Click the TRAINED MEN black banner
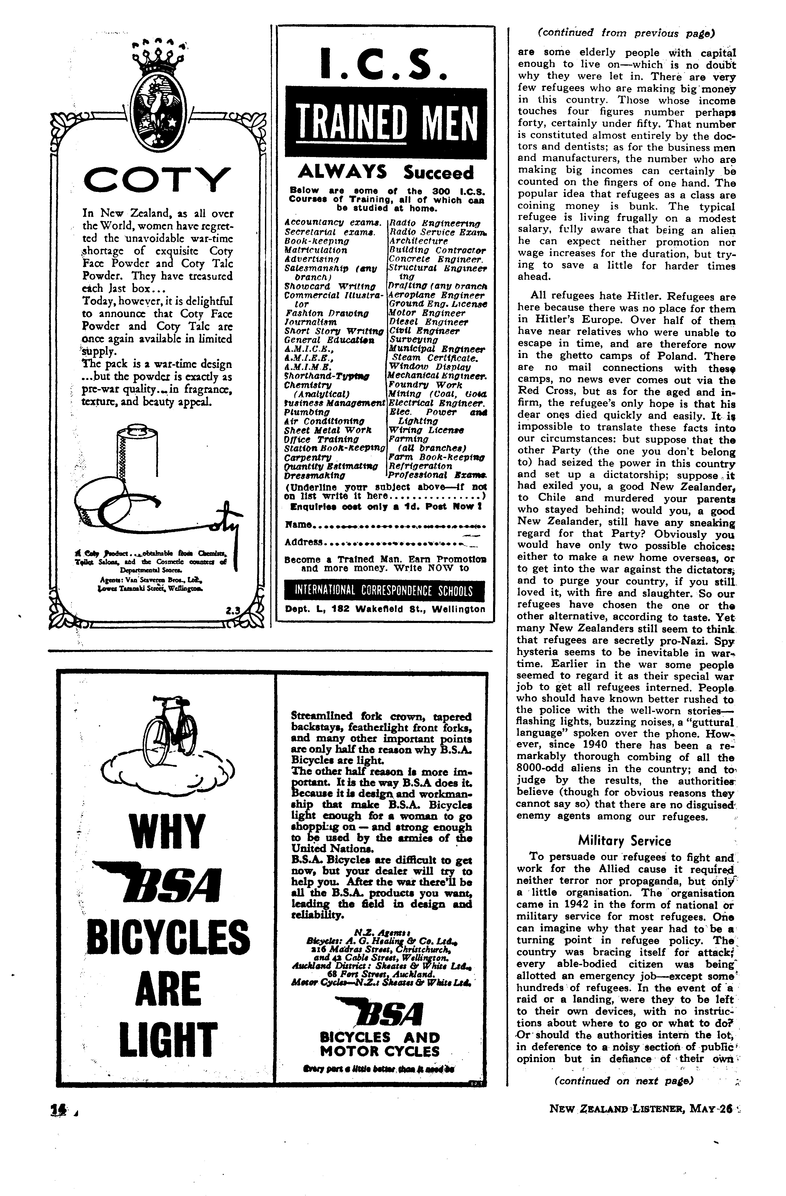click(386, 123)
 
